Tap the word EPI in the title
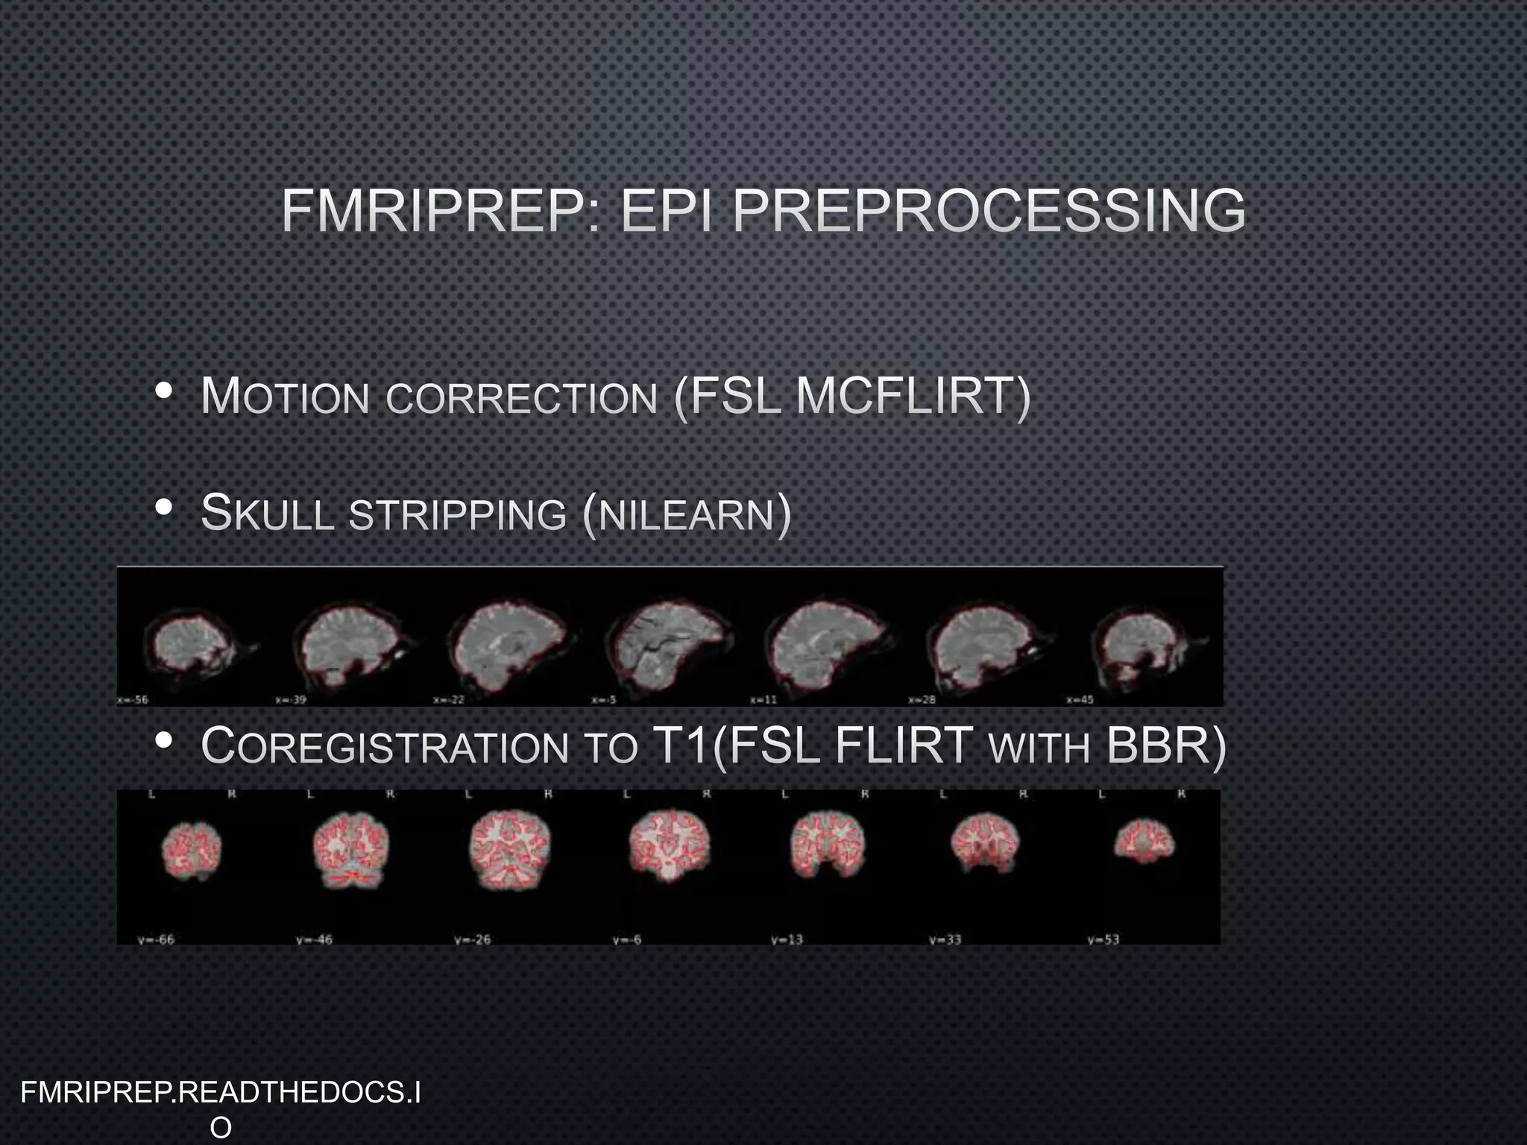pos(667,211)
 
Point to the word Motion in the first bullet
pos(286,397)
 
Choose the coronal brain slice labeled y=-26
pos(509,845)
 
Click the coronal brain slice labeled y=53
pos(1144,842)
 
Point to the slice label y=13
pos(787,939)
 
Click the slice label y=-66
pos(156,939)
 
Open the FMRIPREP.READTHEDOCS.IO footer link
pos(221,1107)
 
